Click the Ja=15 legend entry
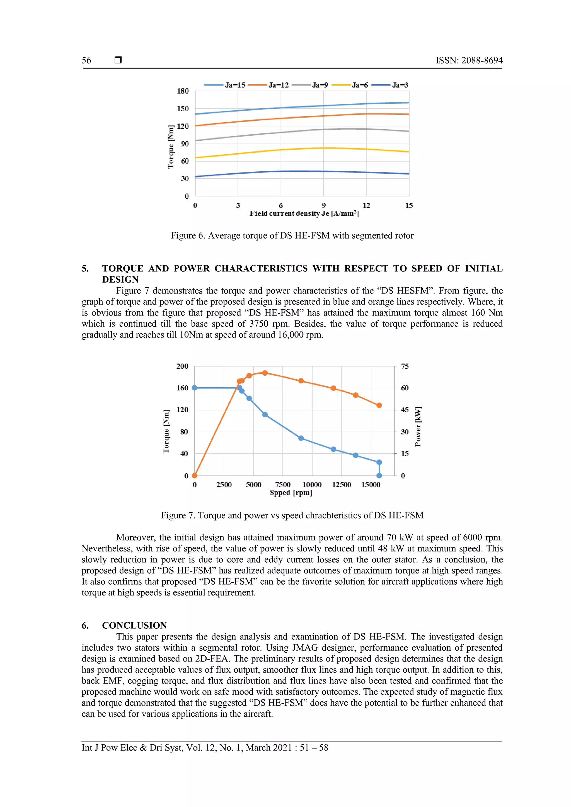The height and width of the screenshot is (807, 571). click(225, 85)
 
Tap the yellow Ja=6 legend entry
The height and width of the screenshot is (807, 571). click(350, 85)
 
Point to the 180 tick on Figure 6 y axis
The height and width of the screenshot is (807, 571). click(183, 91)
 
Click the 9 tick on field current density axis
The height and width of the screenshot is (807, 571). click(323, 205)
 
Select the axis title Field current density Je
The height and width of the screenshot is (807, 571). click(304, 213)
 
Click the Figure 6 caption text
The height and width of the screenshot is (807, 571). click(292, 235)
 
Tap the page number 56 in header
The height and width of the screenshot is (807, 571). click(86, 60)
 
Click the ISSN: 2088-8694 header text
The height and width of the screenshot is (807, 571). click(469, 60)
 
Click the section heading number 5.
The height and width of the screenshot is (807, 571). click(85, 269)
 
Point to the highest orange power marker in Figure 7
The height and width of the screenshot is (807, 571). click(265, 373)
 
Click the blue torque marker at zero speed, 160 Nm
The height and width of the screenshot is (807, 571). click(194, 388)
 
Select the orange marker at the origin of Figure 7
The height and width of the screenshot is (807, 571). click(194, 476)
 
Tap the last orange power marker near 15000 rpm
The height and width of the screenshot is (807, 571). click(379, 405)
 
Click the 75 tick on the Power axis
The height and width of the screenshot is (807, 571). click(405, 366)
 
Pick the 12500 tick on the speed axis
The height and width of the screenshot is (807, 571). click(342, 485)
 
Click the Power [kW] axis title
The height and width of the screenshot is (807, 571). click(418, 426)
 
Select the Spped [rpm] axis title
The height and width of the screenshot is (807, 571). click(291, 493)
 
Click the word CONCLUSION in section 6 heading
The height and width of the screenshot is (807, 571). click(134, 625)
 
